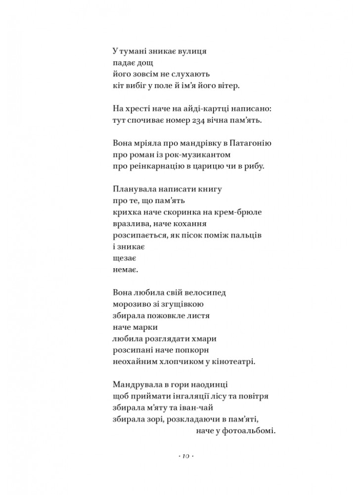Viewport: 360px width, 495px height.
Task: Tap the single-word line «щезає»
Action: point(125,258)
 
